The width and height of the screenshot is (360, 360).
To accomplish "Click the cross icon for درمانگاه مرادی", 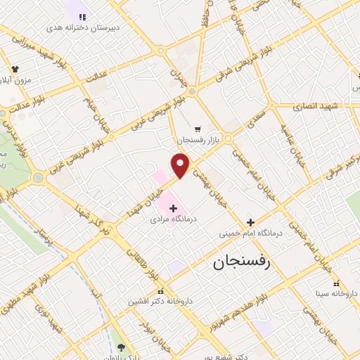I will point(173,208).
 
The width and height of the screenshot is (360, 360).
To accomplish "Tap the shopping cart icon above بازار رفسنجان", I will point(198,129).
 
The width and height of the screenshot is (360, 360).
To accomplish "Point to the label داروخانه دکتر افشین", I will point(159,302).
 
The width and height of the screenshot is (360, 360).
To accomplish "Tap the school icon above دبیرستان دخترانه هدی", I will point(83,16).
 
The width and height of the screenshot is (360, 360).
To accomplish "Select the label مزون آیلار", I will point(16,80).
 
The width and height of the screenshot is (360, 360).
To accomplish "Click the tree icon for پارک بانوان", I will point(120,347).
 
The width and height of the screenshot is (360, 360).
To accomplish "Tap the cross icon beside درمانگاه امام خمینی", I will point(250,221).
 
